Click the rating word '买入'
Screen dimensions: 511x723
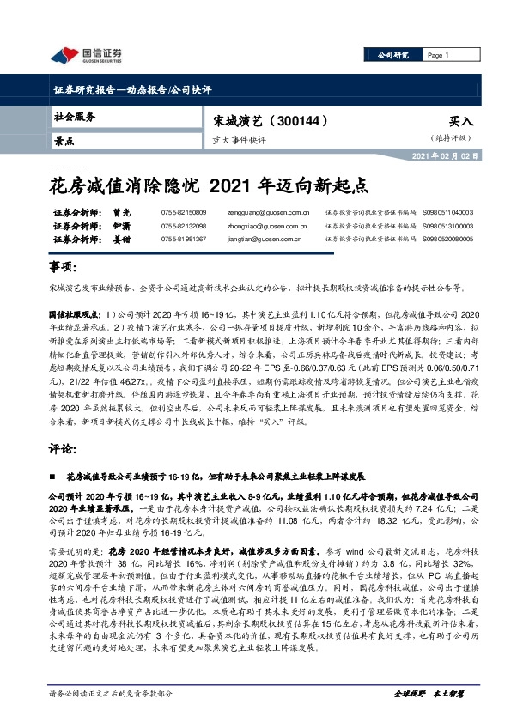460,122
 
